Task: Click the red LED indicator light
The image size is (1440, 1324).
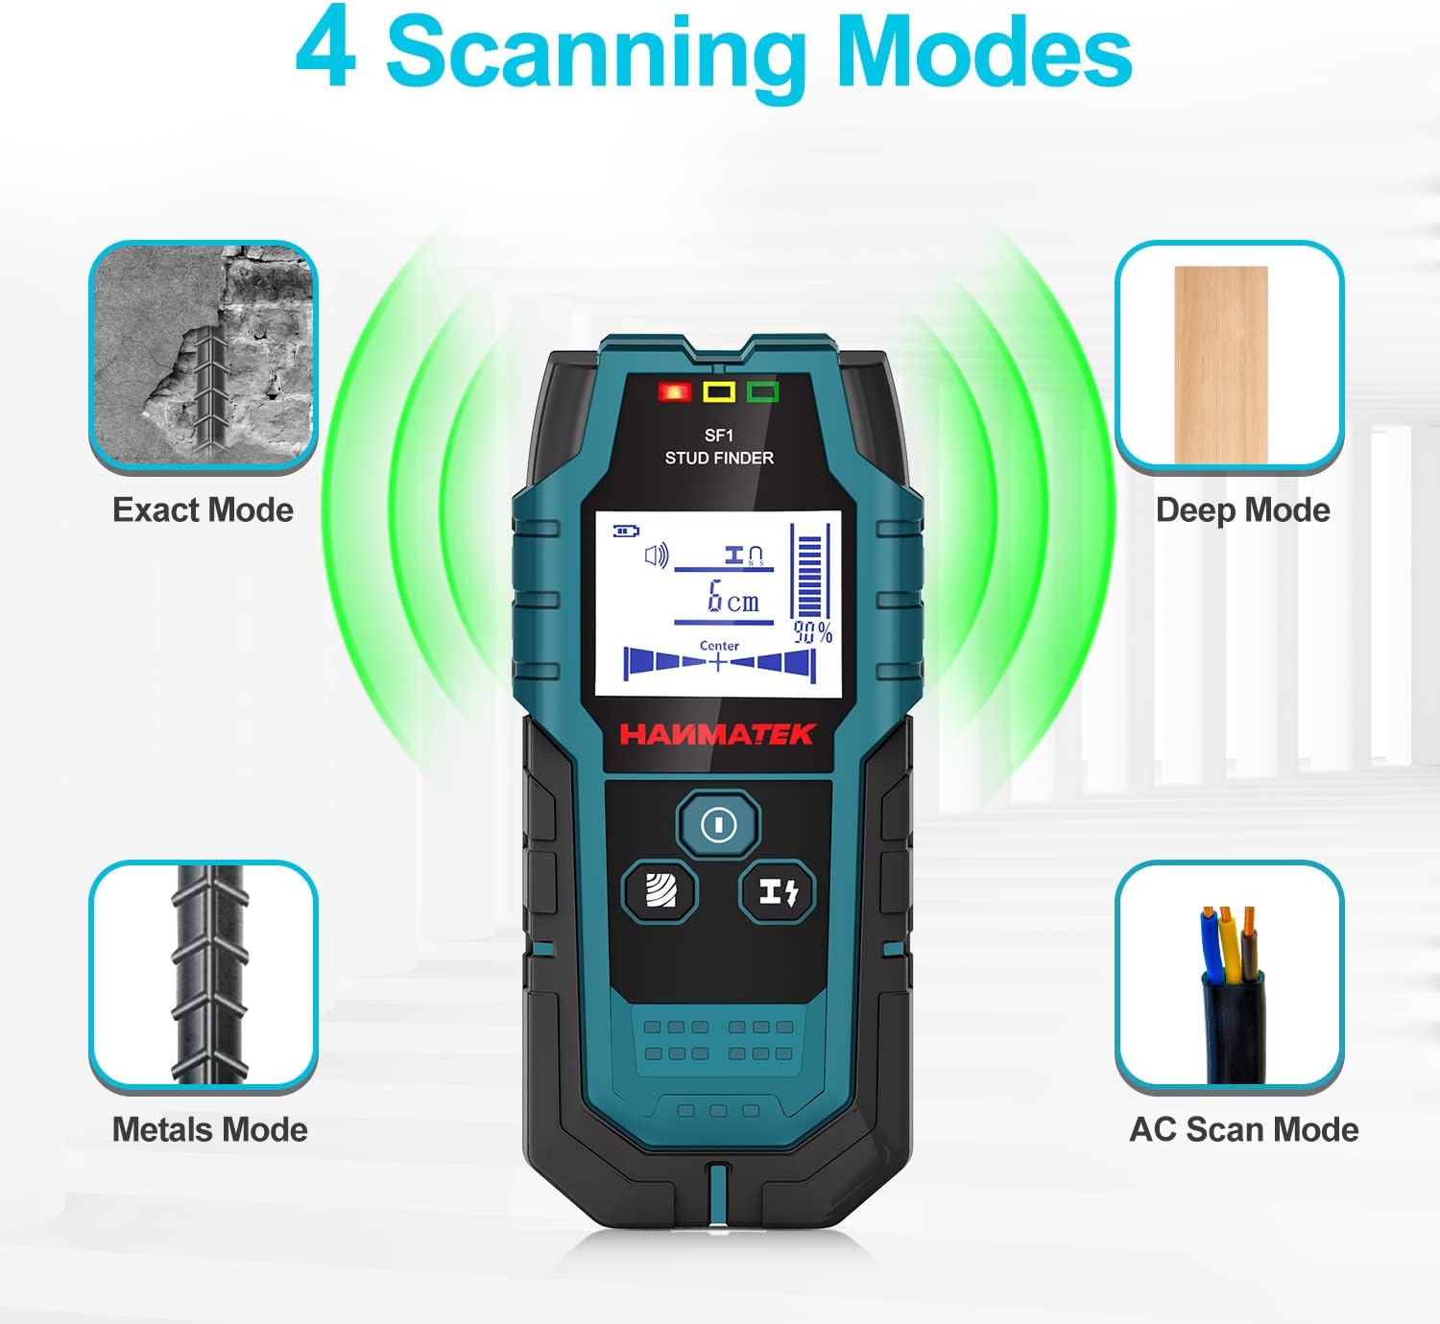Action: [x=675, y=391]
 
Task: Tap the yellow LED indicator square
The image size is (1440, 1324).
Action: [x=719, y=391]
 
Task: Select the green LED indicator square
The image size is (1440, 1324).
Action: [x=762, y=391]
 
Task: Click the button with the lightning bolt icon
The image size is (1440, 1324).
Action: [x=778, y=892]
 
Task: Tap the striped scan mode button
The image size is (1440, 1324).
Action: [x=660, y=892]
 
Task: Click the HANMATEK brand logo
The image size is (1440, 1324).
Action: [x=717, y=734]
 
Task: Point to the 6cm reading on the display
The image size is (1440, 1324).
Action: [x=732, y=597]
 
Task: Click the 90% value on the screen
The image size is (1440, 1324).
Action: [x=812, y=632]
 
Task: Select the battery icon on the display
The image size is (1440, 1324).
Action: [x=625, y=531]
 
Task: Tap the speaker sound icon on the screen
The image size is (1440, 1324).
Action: [x=656, y=556]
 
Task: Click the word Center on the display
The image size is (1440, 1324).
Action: [x=719, y=646]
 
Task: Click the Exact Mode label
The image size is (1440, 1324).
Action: [x=204, y=510]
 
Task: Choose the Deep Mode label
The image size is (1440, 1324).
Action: [x=1242, y=511]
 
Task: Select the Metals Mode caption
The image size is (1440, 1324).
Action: [x=209, y=1129]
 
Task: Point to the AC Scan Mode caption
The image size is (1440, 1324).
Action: [x=1244, y=1129]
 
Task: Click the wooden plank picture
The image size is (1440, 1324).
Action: [x=1221, y=365]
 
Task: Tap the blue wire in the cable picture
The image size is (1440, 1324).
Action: [x=1211, y=945]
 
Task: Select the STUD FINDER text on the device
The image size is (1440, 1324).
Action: [x=719, y=458]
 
